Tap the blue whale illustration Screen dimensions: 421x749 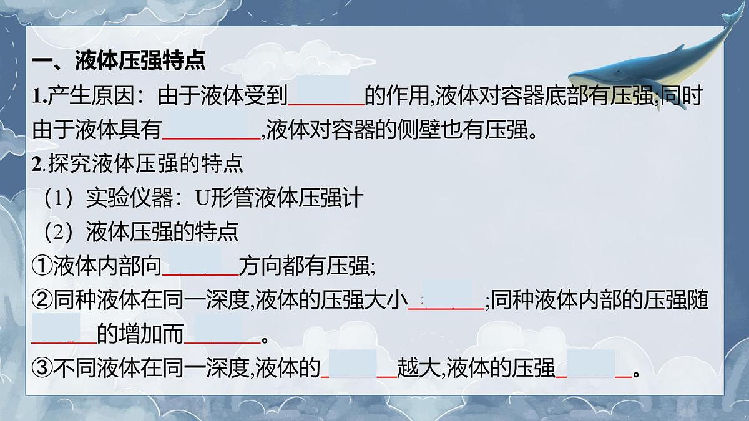point(649,69)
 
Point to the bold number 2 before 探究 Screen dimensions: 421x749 point(36,165)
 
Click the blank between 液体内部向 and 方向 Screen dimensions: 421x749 point(200,266)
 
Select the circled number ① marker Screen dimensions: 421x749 point(42,266)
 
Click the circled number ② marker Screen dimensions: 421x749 point(42,301)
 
